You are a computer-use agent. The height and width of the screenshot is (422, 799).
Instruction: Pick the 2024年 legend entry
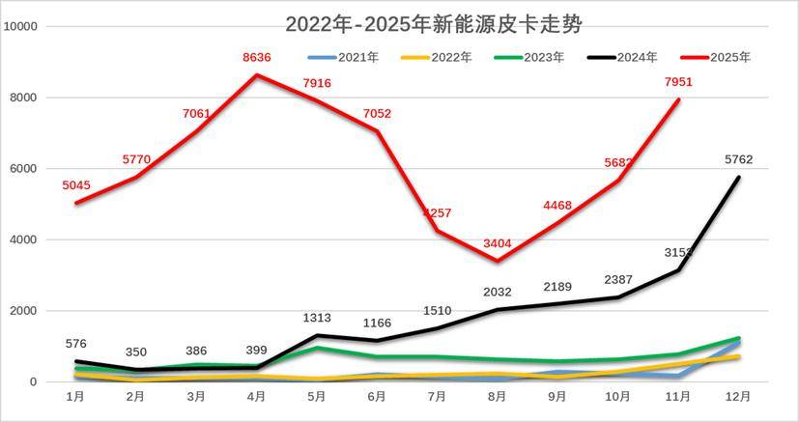[633, 57]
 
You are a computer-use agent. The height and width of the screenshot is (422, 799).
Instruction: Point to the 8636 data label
[257, 58]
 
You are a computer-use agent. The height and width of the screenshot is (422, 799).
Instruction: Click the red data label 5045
[77, 185]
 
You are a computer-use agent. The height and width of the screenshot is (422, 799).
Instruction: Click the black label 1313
[317, 319]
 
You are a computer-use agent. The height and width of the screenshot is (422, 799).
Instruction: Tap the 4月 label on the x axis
[257, 397]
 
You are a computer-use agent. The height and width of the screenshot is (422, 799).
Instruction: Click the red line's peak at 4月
[257, 75]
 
